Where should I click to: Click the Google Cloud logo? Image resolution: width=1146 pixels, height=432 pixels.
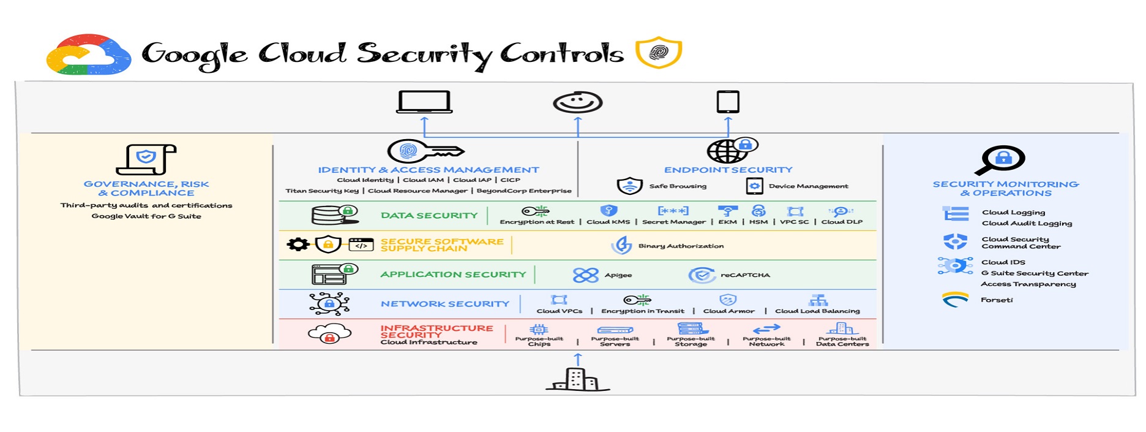coord(89,55)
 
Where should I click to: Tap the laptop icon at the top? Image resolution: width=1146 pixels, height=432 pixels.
coord(424,102)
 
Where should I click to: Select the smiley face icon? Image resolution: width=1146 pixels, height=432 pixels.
coord(577,102)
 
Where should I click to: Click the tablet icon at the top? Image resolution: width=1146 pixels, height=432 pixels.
coord(728,102)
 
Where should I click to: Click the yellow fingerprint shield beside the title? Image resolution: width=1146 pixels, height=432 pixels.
coord(659,52)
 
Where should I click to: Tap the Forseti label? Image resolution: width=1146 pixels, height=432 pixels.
coord(997,300)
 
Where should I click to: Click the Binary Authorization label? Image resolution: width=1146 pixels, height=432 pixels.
coord(681,246)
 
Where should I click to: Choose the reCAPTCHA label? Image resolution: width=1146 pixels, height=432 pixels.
coord(745,275)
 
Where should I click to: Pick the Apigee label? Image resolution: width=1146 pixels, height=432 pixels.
coord(618,275)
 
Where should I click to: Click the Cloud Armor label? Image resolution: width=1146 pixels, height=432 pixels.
coord(728,311)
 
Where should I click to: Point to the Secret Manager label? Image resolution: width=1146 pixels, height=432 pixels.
coord(673,222)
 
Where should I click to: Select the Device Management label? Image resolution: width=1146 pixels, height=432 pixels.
coord(808,186)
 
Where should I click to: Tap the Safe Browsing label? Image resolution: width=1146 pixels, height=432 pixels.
coord(678,186)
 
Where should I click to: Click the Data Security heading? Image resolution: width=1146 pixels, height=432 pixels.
coord(429,216)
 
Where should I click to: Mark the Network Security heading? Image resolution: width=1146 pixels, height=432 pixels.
coord(445,304)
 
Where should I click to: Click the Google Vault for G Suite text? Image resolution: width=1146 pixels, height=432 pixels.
coord(146,216)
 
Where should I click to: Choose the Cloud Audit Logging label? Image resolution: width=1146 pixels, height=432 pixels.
coord(1027,224)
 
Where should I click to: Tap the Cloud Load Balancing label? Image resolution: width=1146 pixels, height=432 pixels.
coord(817,311)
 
